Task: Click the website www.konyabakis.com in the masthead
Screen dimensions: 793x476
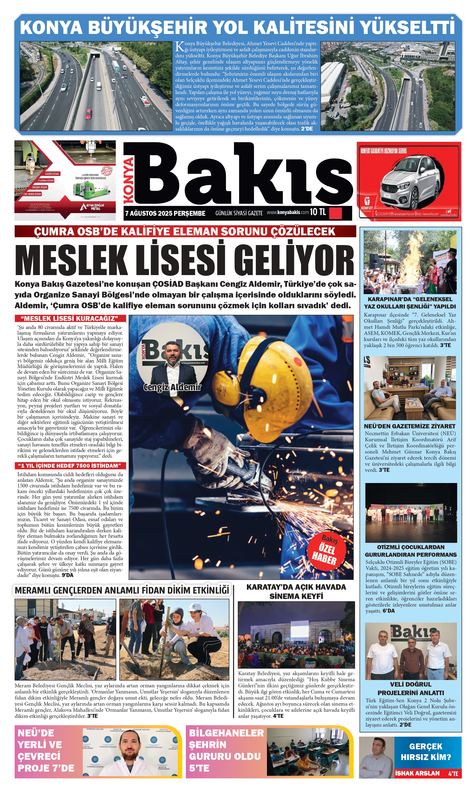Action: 287,212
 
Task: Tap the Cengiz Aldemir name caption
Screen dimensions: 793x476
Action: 172,387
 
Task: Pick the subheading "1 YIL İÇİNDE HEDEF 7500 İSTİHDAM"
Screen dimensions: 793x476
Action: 70,466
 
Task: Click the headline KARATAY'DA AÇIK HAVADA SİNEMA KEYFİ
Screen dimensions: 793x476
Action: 296,591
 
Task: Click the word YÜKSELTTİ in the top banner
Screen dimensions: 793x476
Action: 407,27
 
